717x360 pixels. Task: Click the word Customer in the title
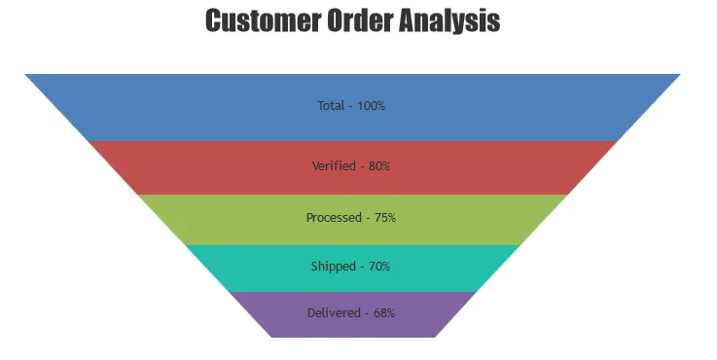(264, 20)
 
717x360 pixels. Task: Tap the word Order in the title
(360, 20)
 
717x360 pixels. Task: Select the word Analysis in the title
(449, 21)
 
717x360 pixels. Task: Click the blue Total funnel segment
(352, 107)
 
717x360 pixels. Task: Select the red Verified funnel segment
(352, 168)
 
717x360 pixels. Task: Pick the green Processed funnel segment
(352, 220)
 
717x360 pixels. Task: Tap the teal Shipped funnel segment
(352, 269)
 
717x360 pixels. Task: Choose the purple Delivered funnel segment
(352, 314)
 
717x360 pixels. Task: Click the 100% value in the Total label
(372, 106)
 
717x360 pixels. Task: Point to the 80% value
(379, 166)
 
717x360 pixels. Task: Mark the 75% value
(385, 217)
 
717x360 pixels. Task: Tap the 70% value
(379, 267)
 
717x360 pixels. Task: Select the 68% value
(384, 313)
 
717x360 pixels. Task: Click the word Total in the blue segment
(331, 106)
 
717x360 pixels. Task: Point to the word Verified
(334, 165)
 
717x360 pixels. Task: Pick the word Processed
(334, 217)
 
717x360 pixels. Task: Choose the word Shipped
(334, 267)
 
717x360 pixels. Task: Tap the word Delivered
(334, 313)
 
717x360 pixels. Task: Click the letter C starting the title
(214, 20)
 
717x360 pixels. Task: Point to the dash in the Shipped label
(363, 268)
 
